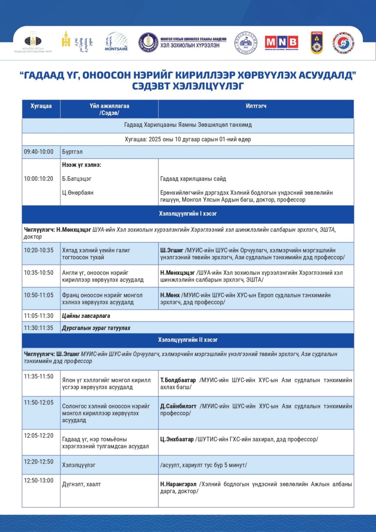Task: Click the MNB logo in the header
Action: pyautogui.click(x=281, y=42)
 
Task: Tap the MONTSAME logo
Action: pyautogui.click(x=116, y=42)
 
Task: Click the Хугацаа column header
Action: pyautogui.click(x=41, y=106)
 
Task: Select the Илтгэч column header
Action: pyautogui.click(x=256, y=106)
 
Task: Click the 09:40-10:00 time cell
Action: pyautogui.click(x=39, y=152)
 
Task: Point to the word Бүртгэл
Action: pyautogui.click(x=72, y=152)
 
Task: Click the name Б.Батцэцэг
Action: pyautogui.click(x=77, y=179)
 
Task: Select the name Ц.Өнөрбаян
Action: pyautogui.click(x=78, y=192)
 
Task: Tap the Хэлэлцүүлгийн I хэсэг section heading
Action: pyautogui.click(x=188, y=214)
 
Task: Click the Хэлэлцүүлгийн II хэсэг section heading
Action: pyautogui.click(x=188, y=340)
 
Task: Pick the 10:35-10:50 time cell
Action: pyautogui.click(x=39, y=273)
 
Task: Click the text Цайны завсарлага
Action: pyautogui.click(x=86, y=316)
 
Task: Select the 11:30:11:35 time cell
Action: pyautogui.click(x=39, y=328)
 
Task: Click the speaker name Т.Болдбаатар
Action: pyautogui.click(x=178, y=380)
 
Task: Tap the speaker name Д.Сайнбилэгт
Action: pyautogui.click(x=178, y=406)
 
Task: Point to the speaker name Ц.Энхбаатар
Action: pyautogui.click(x=177, y=439)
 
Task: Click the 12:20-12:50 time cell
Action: pyautogui.click(x=39, y=462)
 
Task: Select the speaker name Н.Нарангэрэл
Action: pyautogui.click(x=178, y=484)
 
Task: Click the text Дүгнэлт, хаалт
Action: pyautogui.click(x=81, y=484)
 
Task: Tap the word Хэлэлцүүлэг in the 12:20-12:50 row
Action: pyautogui.click(x=79, y=465)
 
